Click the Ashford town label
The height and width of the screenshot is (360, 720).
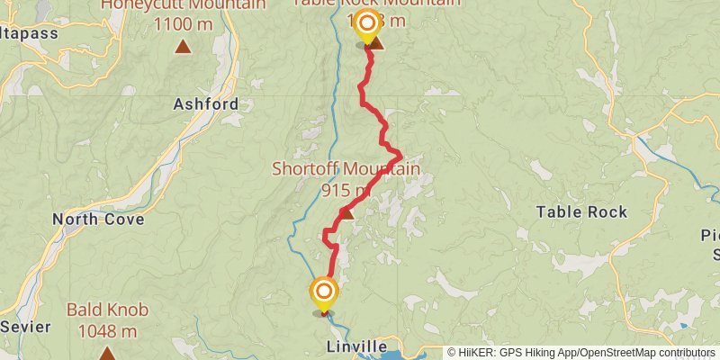click(206, 104)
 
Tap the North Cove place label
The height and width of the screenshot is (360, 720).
click(94, 219)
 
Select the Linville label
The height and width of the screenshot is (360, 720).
click(358, 347)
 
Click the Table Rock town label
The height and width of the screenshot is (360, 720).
click(581, 212)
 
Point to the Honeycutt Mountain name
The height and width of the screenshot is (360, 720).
click(183, 4)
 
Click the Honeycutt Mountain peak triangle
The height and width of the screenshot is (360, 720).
click(183, 46)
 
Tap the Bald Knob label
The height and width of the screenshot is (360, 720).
click(107, 310)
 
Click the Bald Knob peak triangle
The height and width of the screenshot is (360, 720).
click(107, 352)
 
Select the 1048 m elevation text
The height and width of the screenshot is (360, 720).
click(107, 330)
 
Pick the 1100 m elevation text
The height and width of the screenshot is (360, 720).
click(183, 24)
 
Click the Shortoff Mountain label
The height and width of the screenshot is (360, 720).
click(346, 169)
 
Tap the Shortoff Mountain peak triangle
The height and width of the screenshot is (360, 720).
click(346, 212)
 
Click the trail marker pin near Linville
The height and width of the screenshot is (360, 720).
click(323, 292)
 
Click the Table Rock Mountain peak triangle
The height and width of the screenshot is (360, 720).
click(376, 43)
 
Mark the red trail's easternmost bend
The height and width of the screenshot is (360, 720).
click(400, 157)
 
